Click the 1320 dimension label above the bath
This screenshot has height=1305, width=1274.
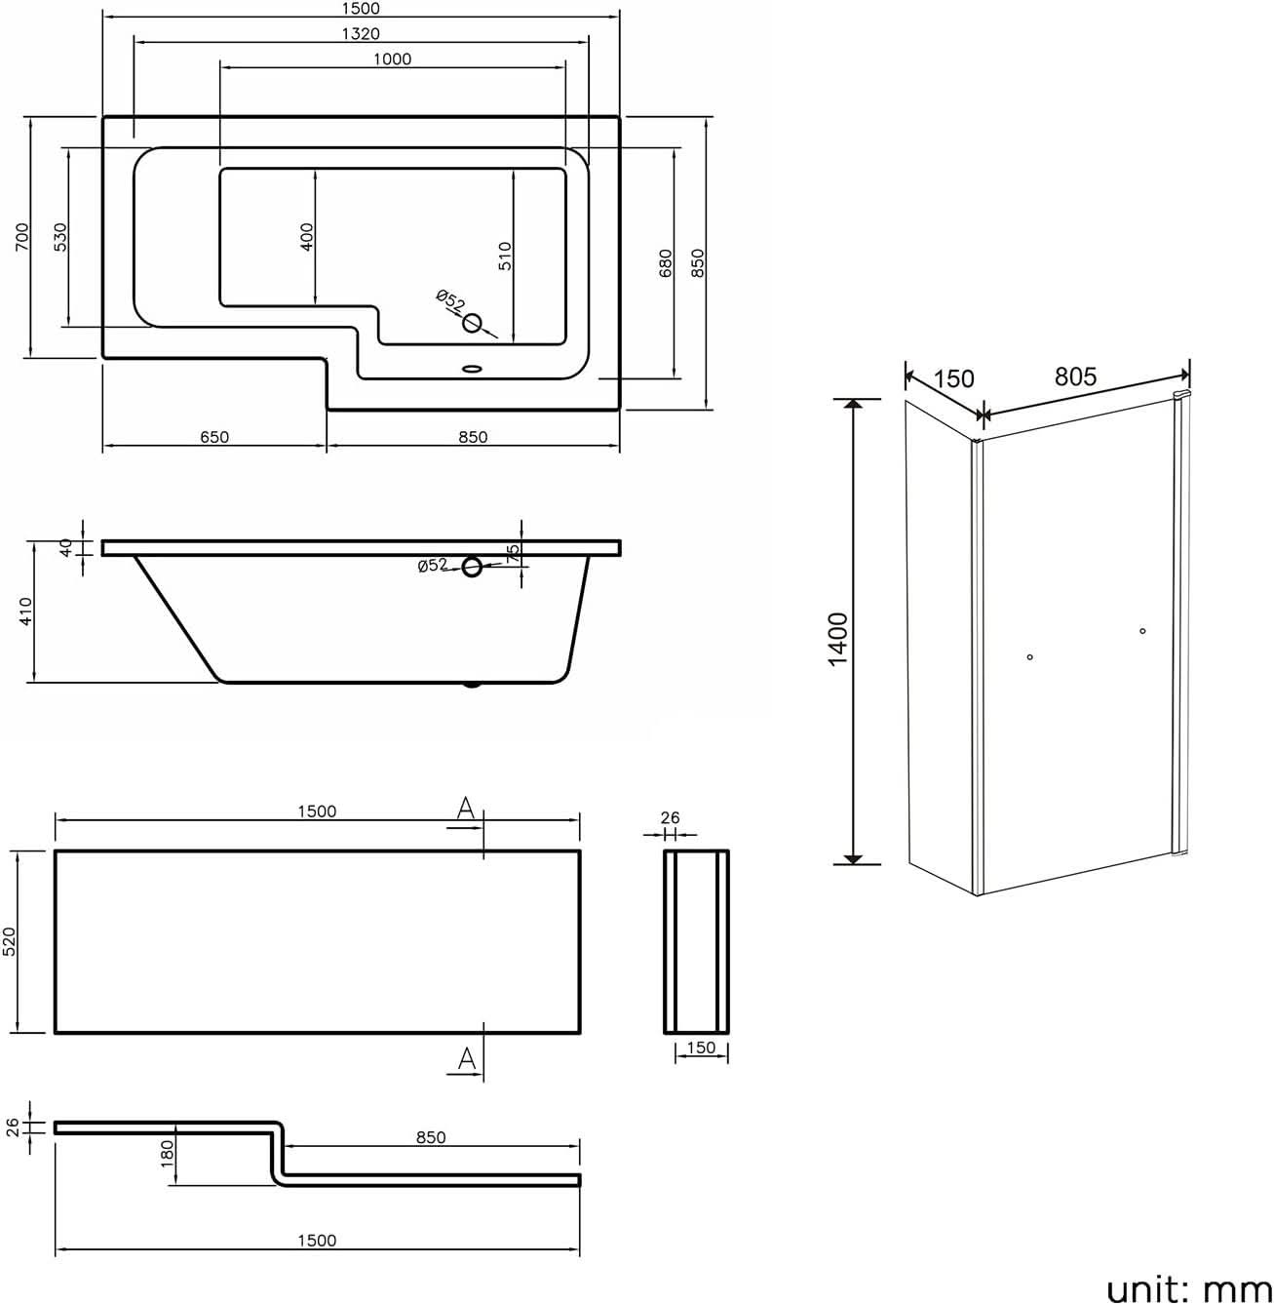(x=361, y=34)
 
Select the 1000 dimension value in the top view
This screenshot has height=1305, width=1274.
(x=392, y=59)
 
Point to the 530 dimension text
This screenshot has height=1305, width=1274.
(x=60, y=237)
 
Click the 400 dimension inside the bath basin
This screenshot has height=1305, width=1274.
(x=307, y=237)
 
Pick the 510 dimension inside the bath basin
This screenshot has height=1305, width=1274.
(x=505, y=256)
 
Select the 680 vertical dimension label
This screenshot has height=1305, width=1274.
(x=666, y=262)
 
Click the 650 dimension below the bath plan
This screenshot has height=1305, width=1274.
(x=214, y=437)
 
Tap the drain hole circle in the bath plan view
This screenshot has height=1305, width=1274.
(x=473, y=323)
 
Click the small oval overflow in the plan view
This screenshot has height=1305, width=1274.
(x=473, y=370)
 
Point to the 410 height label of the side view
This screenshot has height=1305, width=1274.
(x=26, y=612)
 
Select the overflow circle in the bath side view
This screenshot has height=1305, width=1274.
(x=472, y=567)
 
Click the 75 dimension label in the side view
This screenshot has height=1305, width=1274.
(x=514, y=553)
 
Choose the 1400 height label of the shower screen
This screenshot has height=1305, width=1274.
(x=837, y=639)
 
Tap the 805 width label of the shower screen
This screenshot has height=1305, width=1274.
(x=1075, y=376)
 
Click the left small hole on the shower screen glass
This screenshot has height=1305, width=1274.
(x=1029, y=657)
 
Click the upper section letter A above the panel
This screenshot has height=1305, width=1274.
(x=466, y=808)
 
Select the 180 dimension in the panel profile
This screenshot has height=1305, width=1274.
(x=168, y=1153)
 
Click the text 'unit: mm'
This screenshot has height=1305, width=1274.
(x=1188, y=1288)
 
